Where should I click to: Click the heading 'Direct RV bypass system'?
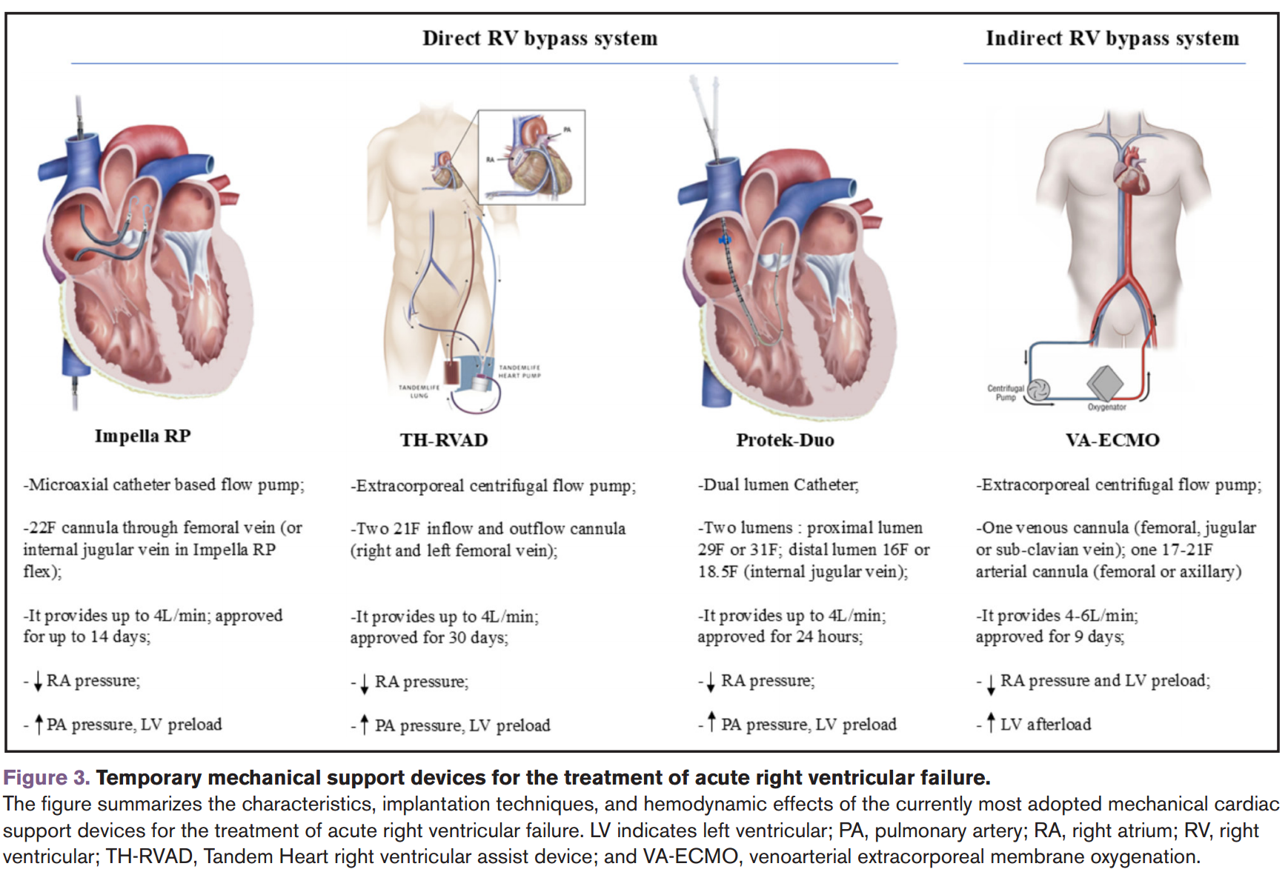540,39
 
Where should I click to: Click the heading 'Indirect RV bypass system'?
1112,39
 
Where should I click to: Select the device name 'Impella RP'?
142,436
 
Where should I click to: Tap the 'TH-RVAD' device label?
444,440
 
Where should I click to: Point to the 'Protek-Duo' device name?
785,440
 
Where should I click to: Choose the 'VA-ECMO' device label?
1112,440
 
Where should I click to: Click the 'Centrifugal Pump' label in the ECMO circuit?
1005,393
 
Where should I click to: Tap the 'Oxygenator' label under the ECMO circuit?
1106,407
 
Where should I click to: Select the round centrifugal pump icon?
1039,389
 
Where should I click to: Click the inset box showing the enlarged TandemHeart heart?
531,157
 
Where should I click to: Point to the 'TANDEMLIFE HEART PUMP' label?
519,371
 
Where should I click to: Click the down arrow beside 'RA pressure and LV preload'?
991,682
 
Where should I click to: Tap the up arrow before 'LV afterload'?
991,722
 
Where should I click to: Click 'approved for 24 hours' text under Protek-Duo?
780,636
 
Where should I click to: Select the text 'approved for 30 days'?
429,638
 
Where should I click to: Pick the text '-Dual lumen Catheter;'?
777,485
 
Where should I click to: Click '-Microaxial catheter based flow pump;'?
164,485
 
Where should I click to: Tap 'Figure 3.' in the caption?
46,777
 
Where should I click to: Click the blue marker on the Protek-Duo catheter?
725,240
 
